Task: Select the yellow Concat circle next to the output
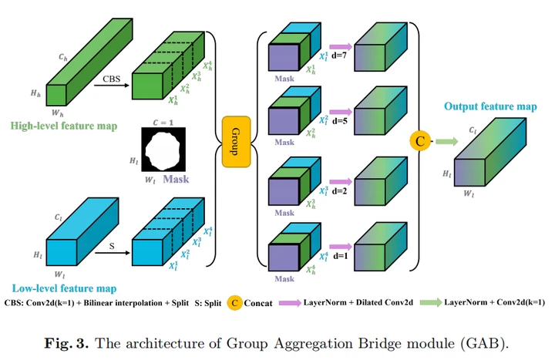coord(420,141)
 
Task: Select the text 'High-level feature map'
coord(59,126)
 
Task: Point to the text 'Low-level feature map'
coord(59,288)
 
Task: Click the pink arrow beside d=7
coord(340,45)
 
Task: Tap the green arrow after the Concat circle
coord(445,141)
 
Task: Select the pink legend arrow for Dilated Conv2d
coord(292,304)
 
